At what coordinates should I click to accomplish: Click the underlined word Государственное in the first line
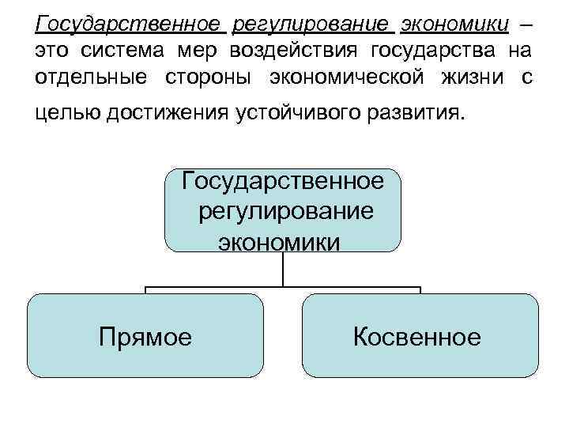(x=127, y=24)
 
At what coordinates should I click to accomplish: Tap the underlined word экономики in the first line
(x=455, y=24)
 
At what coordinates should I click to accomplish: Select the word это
(x=54, y=52)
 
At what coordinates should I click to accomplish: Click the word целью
(x=64, y=115)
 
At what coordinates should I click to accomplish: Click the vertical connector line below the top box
(x=283, y=269)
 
